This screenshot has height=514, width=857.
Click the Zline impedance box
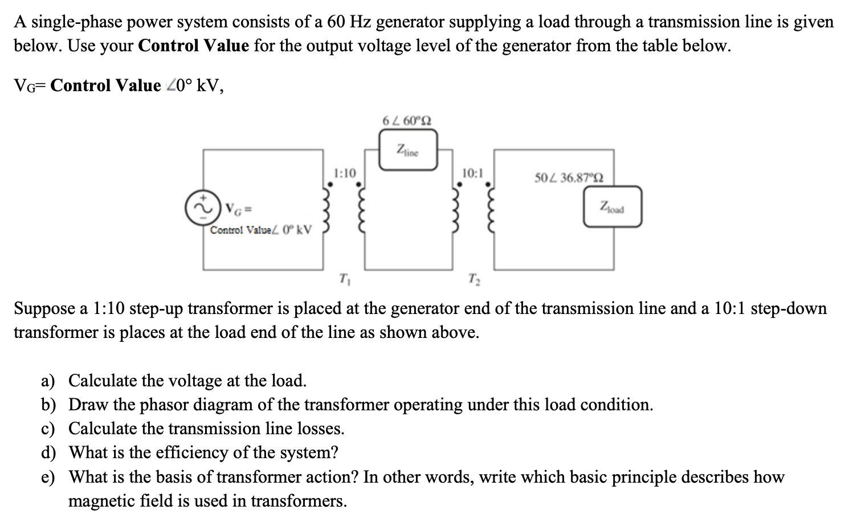click(408, 150)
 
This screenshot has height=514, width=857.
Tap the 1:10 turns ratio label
click(345, 173)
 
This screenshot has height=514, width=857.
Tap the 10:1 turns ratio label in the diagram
click(472, 173)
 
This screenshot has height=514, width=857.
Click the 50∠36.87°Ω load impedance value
click(568, 178)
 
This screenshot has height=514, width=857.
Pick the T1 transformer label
click(344, 280)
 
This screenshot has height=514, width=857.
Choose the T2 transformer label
click(473, 280)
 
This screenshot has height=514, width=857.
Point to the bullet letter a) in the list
click(48, 381)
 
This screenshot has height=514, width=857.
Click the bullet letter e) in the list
click(48, 477)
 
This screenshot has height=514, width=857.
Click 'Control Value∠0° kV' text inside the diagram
click(261, 230)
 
